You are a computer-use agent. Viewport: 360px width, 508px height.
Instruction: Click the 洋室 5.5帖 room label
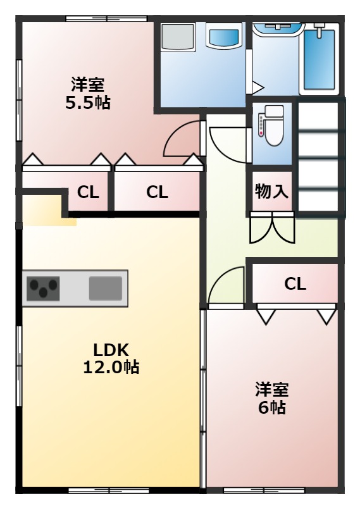[88, 93]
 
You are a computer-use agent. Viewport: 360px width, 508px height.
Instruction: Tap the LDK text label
[111, 349]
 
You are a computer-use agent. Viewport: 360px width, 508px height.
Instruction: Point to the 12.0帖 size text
[111, 367]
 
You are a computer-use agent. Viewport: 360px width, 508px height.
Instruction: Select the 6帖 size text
[271, 408]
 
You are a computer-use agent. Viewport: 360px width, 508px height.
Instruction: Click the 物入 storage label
[271, 191]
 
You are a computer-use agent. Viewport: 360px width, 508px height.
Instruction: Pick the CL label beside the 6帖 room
[295, 284]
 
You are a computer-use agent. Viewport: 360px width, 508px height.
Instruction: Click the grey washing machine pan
[178, 38]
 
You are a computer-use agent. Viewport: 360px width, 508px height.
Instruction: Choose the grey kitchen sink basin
[101, 288]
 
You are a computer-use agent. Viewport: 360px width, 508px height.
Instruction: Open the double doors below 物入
[271, 229]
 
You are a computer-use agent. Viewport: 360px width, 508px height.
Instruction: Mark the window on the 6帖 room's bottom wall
[264, 490]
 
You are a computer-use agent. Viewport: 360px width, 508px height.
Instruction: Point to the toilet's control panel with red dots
[260, 126]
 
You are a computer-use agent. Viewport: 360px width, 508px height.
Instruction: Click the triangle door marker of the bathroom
[258, 86]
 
